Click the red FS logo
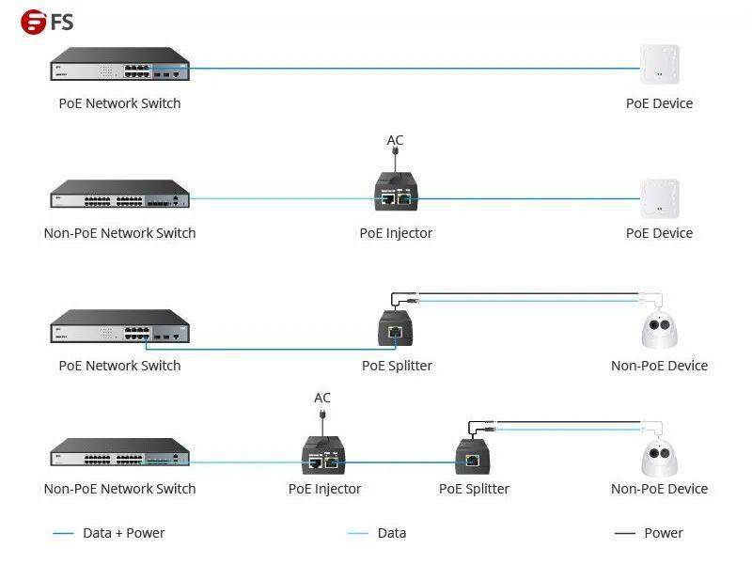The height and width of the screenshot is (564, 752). pyautogui.click(x=33, y=22)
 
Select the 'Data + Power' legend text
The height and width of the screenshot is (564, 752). pyautogui.click(x=124, y=533)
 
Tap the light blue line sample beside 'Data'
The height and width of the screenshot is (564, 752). pyautogui.click(x=357, y=533)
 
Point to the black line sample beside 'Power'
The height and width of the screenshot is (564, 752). pyautogui.click(x=624, y=533)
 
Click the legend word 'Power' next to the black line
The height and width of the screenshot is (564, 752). pyautogui.click(x=664, y=533)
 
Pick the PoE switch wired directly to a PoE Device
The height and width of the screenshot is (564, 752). pyautogui.click(x=120, y=64)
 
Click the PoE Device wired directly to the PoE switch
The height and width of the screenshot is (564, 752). pyautogui.click(x=660, y=64)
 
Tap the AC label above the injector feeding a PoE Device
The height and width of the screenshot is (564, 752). pyautogui.click(x=395, y=140)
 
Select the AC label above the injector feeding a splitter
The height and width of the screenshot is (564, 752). pyautogui.click(x=322, y=398)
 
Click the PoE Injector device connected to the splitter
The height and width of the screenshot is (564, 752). pyautogui.click(x=323, y=455)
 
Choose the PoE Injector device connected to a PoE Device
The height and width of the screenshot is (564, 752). pyautogui.click(x=396, y=192)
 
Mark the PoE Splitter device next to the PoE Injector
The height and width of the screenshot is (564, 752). pyautogui.click(x=473, y=456)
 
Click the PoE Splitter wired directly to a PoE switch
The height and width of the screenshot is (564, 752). pyautogui.click(x=395, y=328)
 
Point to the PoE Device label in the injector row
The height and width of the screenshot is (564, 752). pyautogui.click(x=660, y=233)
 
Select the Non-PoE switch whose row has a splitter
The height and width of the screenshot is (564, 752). pyautogui.click(x=120, y=452)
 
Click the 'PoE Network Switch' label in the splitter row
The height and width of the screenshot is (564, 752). pyautogui.click(x=120, y=366)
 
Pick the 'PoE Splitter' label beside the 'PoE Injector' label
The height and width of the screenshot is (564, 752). pyautogui.click(x=475, y=489)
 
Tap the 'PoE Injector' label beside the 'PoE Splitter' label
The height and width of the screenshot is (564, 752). pyautogui.click(x=324, y=489)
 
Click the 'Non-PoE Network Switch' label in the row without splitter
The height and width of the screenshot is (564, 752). pyautogui.click(x=120, y=233)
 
